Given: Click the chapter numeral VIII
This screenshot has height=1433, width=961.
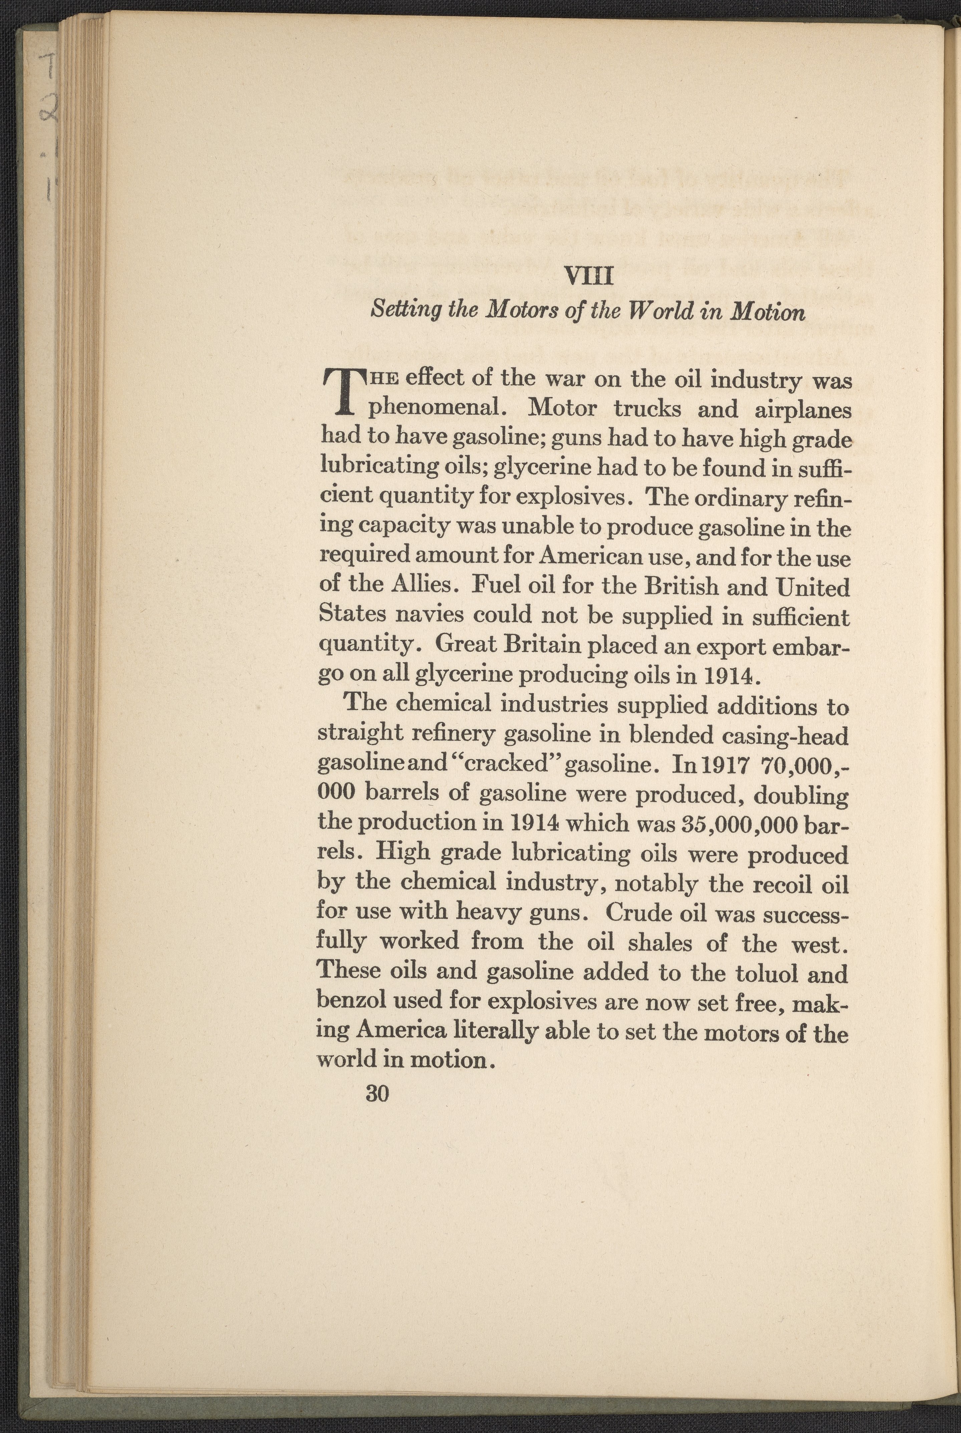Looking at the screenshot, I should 587,276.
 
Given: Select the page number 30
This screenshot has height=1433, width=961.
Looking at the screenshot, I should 377,1092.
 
